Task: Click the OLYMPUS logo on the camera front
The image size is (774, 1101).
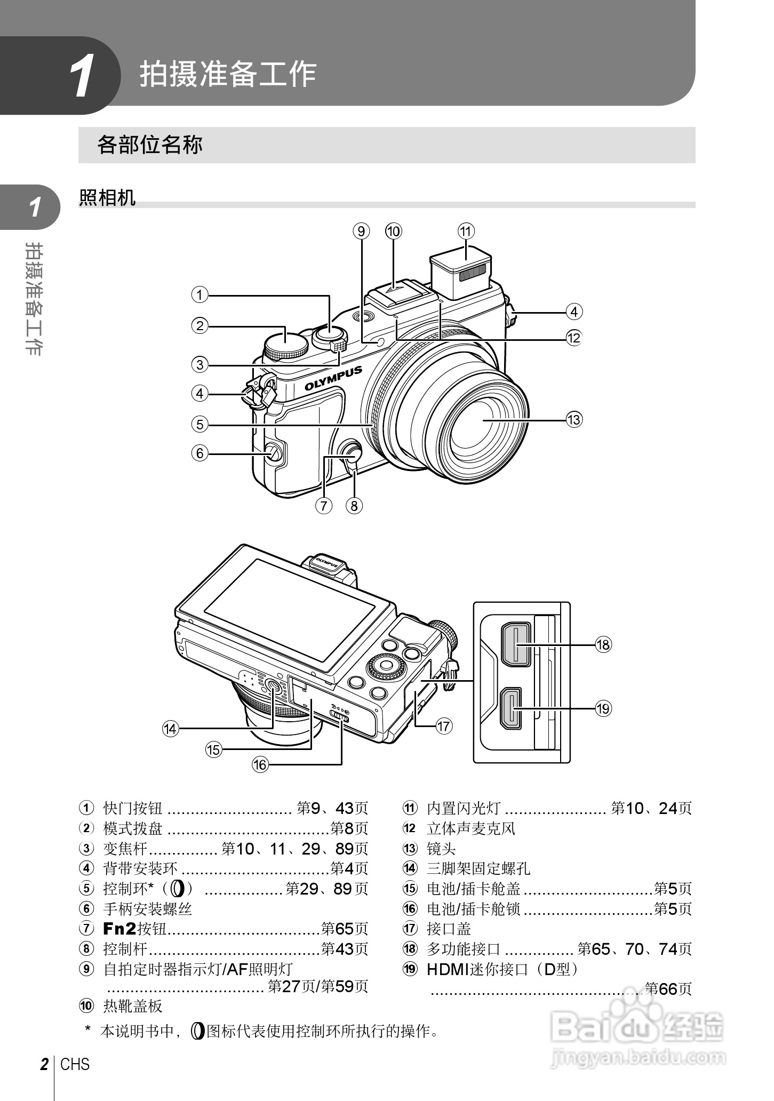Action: click(334, 378)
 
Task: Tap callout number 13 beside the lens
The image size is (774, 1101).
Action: click(574, 419)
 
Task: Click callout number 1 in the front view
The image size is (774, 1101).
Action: click(200, 294)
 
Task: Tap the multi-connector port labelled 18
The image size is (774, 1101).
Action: click(516, 644)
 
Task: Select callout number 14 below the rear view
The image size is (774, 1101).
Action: click(171, 729)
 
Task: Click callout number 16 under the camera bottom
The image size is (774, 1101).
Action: click(260, 764)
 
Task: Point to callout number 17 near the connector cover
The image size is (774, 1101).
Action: click(444, 725)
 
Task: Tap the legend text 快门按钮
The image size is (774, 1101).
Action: click(133, 808)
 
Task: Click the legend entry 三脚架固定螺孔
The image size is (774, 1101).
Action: click(478, 868)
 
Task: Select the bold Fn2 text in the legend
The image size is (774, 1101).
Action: click(119, 929)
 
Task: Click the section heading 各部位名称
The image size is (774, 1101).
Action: click(150, 145)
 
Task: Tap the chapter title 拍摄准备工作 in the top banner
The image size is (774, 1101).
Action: click(228, 74)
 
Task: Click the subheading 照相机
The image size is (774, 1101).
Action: click(107, 197)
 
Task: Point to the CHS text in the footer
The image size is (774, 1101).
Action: click(75, 1064)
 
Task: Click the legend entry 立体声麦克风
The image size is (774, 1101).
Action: click(471, 828)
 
